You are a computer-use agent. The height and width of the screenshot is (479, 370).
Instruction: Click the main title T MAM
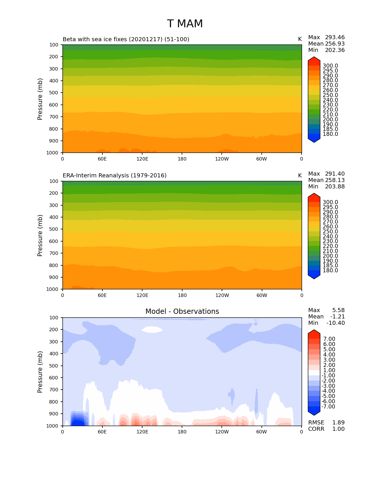[185, 24]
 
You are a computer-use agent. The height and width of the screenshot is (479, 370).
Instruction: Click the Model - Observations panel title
[182, 311]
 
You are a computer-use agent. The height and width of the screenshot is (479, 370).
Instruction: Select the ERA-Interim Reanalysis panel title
[115, 176]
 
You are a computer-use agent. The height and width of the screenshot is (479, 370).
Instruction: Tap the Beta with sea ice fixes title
[126, 39]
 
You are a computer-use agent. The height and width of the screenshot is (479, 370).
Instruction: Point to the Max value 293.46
[335, 37]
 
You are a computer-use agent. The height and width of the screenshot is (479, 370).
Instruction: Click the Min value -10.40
[335, 323]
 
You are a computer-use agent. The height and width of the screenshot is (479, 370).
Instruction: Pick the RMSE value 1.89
[338, 423]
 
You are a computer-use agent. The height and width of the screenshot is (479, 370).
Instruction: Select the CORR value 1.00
[338, 429]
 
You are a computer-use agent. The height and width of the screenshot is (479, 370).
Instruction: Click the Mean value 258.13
[335, 180]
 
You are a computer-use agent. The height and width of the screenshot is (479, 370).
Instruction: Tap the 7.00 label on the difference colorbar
[329, 339]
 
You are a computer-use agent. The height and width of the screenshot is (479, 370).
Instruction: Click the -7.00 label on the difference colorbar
[328, 407]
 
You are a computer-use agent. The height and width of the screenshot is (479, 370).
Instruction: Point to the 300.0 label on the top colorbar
[330, 66]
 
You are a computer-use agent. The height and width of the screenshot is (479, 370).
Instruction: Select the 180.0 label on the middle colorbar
[330, 271]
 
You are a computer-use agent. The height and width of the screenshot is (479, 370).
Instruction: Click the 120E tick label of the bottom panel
[142, 432]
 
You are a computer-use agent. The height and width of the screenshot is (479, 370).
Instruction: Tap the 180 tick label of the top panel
[182, 159]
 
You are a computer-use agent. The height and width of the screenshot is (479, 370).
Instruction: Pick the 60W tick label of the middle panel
[261, 296]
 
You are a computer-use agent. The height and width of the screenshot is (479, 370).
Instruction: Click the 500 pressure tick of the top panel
[54, 93]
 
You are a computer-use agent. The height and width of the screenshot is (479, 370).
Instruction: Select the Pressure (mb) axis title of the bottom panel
[40, 372]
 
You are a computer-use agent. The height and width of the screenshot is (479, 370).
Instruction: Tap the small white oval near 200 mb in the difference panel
[152, 329]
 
